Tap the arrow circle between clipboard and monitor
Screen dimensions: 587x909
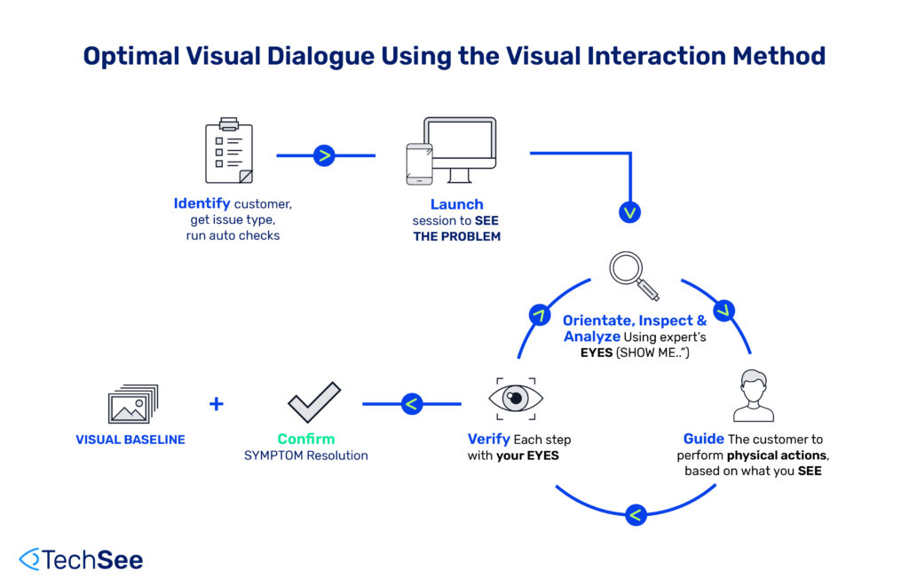pos(324,156)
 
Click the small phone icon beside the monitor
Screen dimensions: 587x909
pos(418,163)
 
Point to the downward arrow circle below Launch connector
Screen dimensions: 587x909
pos(630,212)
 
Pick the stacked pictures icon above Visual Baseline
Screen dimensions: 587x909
pos(132,404)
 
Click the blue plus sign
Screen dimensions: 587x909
pos(216,404)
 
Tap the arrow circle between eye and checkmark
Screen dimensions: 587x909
pos(410,404)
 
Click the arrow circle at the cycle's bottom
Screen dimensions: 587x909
pos(636,514)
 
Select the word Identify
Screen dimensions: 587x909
pos(202,204)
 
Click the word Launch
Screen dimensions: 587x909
pos(456,204)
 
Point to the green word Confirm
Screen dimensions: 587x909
pos(305,439)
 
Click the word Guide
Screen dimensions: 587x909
pos(703,439)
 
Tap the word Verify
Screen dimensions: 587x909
pos(488,439)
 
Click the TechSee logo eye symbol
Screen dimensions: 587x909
pos(29,559)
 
